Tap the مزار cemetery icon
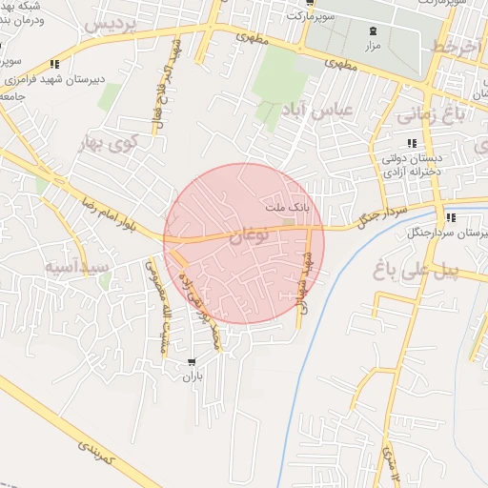[x=372, y=30]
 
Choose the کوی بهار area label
[x=109, y=144]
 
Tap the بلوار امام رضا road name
[x=91, y=208]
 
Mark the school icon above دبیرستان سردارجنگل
[x=450, y=218]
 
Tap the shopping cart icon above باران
[x=193, y=362]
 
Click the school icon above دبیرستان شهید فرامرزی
[x=54, y=65]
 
